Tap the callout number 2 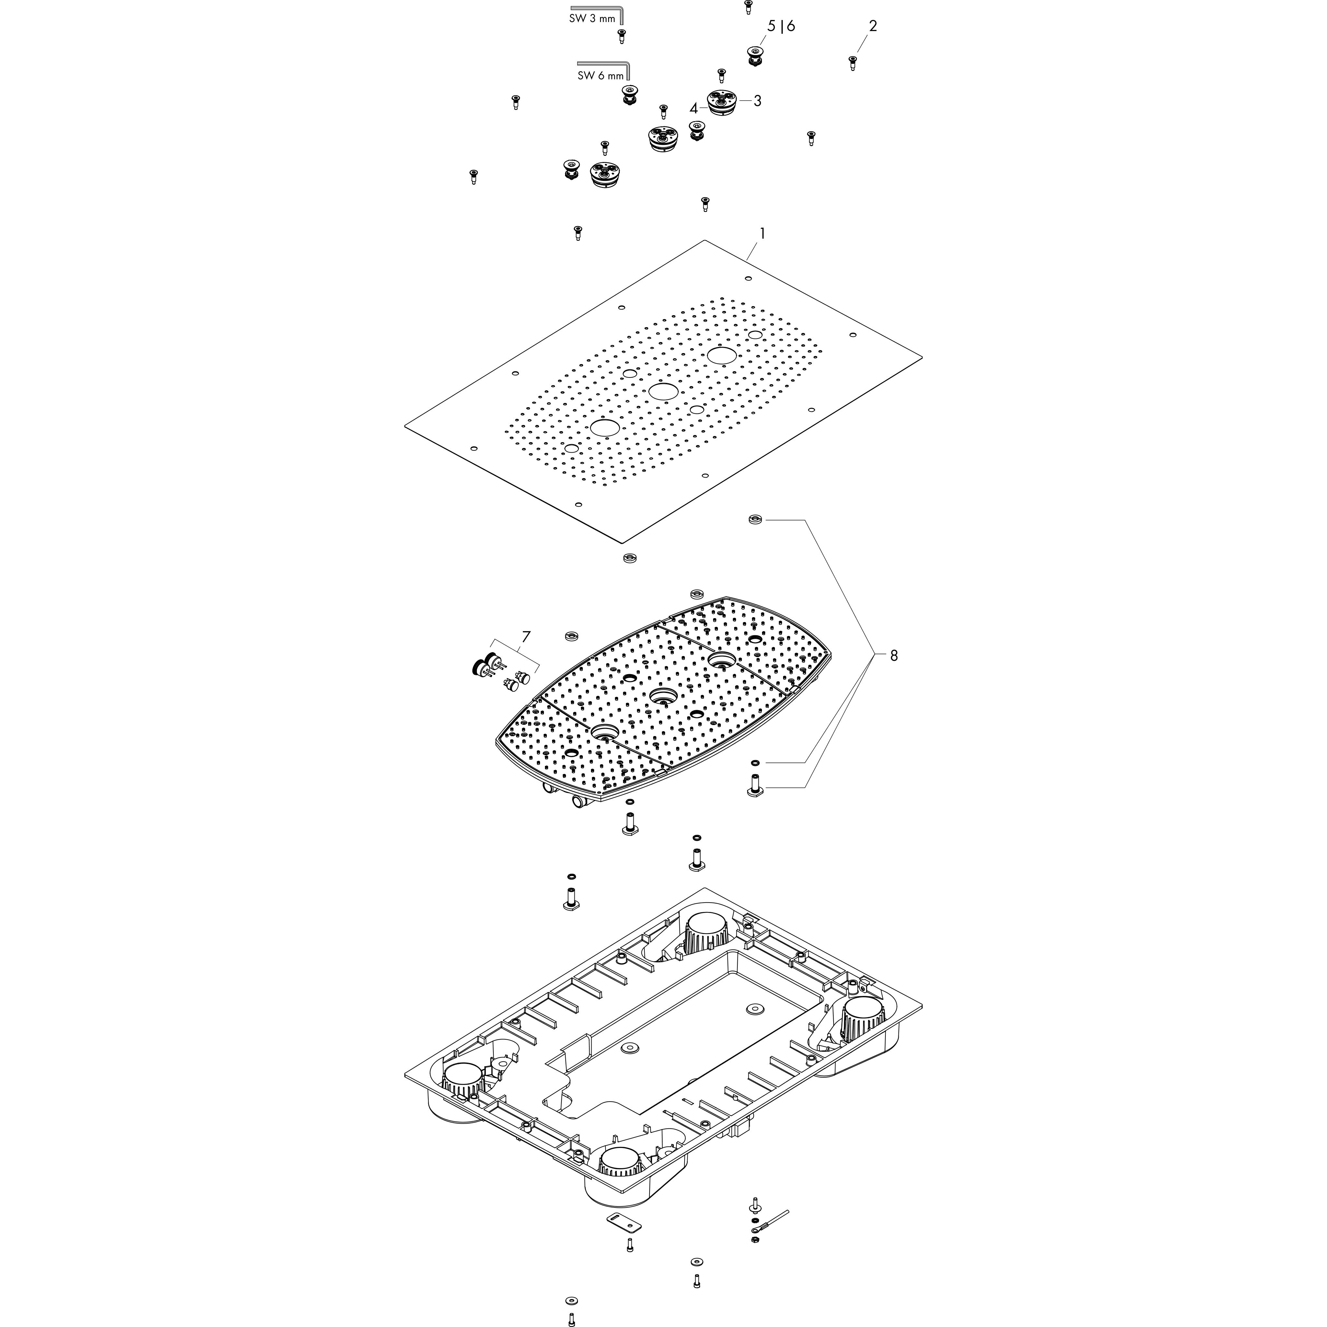(x=873, y=26)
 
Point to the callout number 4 (x=694, y=109)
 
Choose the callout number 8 (x=894, y=656)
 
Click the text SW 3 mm (x=592, y=18)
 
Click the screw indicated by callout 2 (x=852, y=64)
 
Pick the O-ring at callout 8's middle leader (x=755, y=762)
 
